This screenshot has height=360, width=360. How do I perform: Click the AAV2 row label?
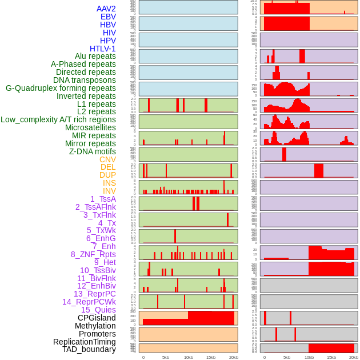(106, 9)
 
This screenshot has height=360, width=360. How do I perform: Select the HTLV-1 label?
(102, 49)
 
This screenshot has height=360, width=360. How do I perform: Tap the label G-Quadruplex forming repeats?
(61, 88)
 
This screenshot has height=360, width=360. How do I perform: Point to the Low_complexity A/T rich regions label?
(58, 119)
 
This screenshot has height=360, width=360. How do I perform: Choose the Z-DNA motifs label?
(92, 151)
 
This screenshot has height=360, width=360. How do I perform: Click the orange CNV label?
(107, 159)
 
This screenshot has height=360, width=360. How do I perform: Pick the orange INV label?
(109, 191)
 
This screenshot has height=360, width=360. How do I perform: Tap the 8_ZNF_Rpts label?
(93, 254)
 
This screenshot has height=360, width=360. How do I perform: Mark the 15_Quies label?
(98, 310)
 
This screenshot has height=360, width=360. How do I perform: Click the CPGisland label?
(97, 318)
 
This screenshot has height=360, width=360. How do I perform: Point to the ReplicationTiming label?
(85, 342)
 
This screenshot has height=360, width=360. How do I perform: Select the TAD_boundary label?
(89, 349)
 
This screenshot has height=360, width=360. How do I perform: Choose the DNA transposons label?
(85, 80)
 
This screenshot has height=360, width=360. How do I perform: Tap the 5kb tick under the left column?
(166, 357)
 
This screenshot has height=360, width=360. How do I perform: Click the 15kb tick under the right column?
(331, 357)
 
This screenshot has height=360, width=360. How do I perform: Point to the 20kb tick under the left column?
(233, 357)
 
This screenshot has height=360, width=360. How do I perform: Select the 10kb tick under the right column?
(309, 357)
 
